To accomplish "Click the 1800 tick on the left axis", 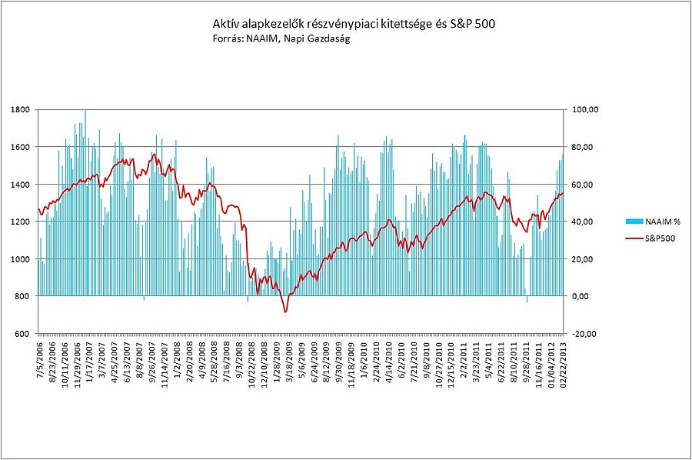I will click(21, 109).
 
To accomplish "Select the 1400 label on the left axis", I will click(21, 184).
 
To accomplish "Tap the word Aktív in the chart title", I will click(225, 25).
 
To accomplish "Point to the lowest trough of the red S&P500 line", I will click(285, 312).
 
